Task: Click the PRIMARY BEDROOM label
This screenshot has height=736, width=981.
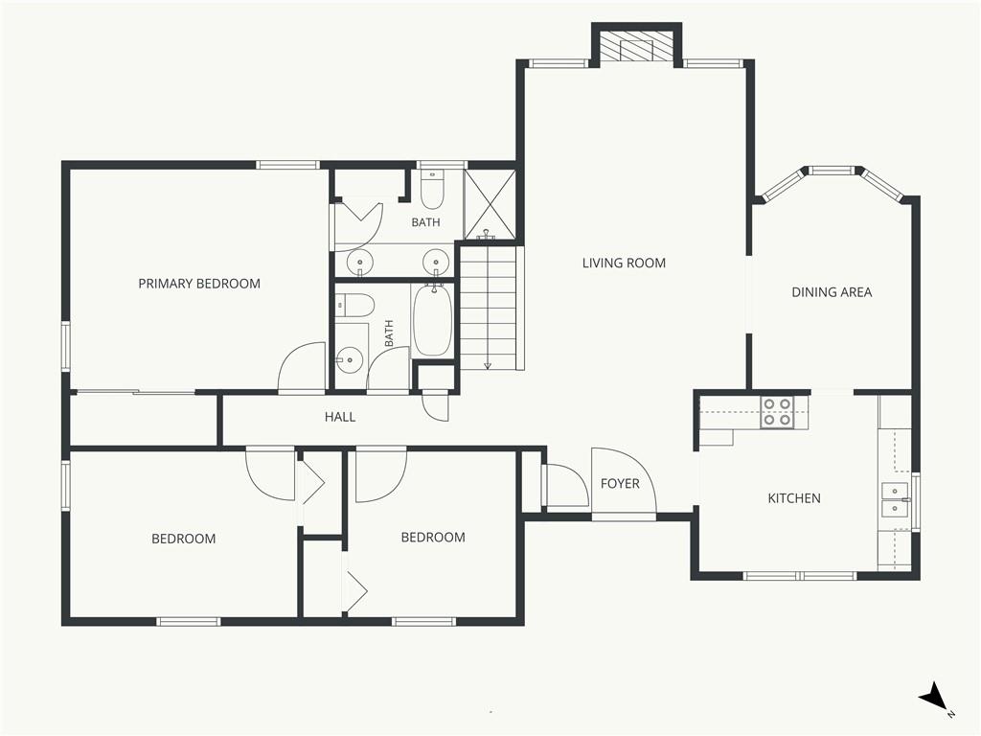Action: point(199,284)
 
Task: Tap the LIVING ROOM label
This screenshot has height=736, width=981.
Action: point(624,263)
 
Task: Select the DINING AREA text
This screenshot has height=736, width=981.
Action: point(832,291)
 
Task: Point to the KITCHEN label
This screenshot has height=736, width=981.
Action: point(794,498)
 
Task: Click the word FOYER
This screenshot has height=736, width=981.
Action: point(620,483)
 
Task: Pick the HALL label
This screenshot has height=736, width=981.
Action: point(340,417)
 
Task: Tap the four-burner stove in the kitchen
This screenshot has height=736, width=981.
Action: point(777,412)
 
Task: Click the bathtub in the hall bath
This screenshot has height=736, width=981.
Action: point(432,321)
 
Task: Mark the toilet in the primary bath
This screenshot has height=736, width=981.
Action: point(432,189)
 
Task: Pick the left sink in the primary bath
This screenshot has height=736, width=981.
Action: point(360,262)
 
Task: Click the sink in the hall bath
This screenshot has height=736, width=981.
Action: point(348,360)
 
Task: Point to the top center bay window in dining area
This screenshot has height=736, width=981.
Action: point(832,171)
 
